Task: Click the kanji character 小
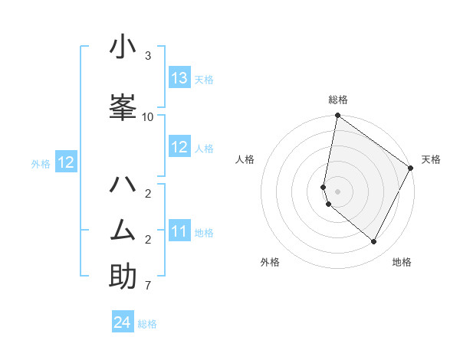[x=123, y=47]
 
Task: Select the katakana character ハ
[x=123, y=185]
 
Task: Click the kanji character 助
[x=123, y=277]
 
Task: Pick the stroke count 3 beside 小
[x=148, y=57]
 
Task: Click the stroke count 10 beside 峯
[x=148, y=116]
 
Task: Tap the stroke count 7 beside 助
[x=148, y=286]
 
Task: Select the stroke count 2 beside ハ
[x=148, y=193]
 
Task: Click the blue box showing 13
[x=179, y=78]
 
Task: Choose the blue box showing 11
[x=179, y=231]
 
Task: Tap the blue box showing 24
[x=123, y=322]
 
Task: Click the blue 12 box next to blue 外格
[x=65, y=162]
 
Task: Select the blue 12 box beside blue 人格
[x=179, y=147]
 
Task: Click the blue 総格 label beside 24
[x=147, y=324]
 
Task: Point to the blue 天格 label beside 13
[x=204, y=80]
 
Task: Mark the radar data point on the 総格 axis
[x=337, y=116]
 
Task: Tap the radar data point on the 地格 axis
[x=374, y=242]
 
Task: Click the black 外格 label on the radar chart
[x=270, y=262]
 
